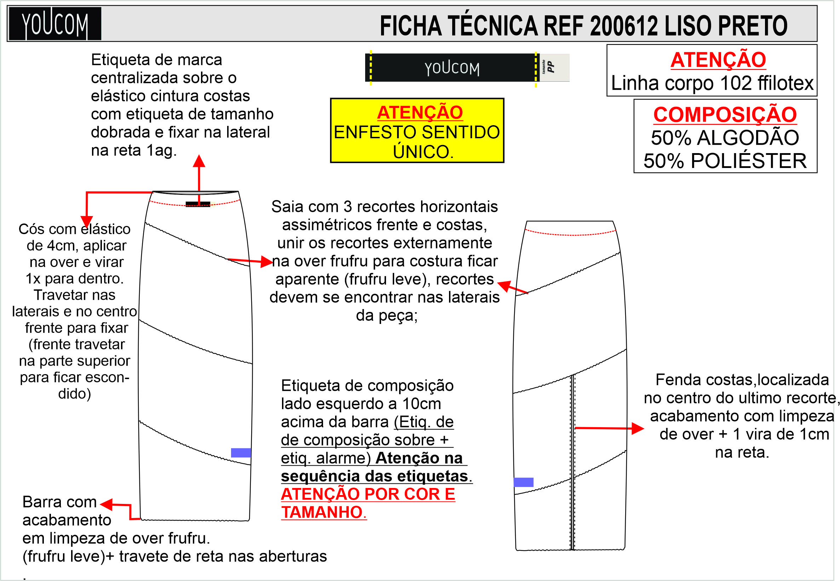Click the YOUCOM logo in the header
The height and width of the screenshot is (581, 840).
[54, 24]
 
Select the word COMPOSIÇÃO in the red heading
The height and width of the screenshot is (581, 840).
[725, 115]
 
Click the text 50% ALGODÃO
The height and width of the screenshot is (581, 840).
[725, 138]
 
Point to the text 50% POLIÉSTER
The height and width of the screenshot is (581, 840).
[725, 161]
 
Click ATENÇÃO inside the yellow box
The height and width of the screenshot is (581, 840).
[420, 112]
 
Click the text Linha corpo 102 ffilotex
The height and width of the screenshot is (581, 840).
[712, 83]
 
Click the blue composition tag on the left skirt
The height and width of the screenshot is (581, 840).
[241, 453]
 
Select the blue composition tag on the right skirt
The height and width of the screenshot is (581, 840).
[523, 482]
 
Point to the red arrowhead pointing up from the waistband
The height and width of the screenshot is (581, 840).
[199, 161]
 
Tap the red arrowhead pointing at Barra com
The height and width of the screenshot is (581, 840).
[106, 505]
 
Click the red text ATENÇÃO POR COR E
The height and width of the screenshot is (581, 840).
[368, 494]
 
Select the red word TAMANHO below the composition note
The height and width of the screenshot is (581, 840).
[322, 512]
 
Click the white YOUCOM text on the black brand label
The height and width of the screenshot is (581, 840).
[452, 68]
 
